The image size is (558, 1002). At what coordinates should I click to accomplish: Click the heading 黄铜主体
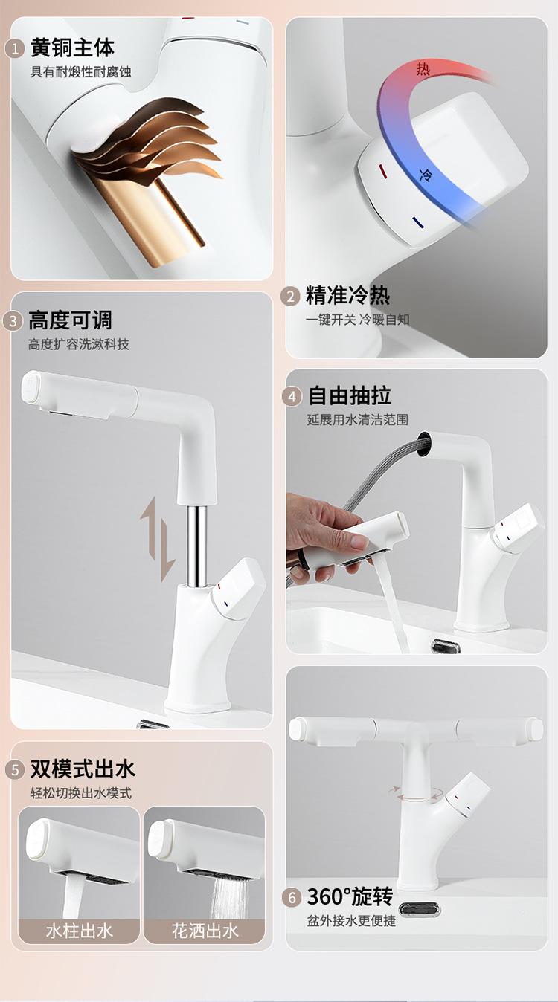click(x=73, y=48)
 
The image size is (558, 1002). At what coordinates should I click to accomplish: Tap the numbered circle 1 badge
click(x=14, y=49)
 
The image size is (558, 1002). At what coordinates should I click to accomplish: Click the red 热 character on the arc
click(x=423, y=69)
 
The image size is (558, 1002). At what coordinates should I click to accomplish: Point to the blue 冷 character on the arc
click(x=425, y=175)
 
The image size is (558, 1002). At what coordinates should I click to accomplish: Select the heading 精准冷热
click(x=348, y=295)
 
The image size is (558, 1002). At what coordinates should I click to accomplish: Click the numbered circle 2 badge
click(x=290, y=296)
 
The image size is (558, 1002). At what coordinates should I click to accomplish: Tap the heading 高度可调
click(x=71, y=320)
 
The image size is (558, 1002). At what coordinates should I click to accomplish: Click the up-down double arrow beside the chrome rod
click(x=158, y=540)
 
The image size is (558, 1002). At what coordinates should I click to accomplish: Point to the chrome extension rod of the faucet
click(x=196, y=546)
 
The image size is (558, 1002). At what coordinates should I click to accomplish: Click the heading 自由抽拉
click(x=350, y=395)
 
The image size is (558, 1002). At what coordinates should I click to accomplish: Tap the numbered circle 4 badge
click(x=292, y=397)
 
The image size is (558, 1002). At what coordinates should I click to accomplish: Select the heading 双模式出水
click(x=83, y=769)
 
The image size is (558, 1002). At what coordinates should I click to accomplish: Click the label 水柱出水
click(x=80, y=931)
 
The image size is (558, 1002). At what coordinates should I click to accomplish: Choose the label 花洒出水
click(x=205, y=931)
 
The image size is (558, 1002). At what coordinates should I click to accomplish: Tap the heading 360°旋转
click(x=350, y=896)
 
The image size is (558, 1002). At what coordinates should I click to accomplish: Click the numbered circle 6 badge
click(x=292, y=898)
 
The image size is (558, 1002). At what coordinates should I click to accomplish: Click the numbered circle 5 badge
click(x=15, y=770)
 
